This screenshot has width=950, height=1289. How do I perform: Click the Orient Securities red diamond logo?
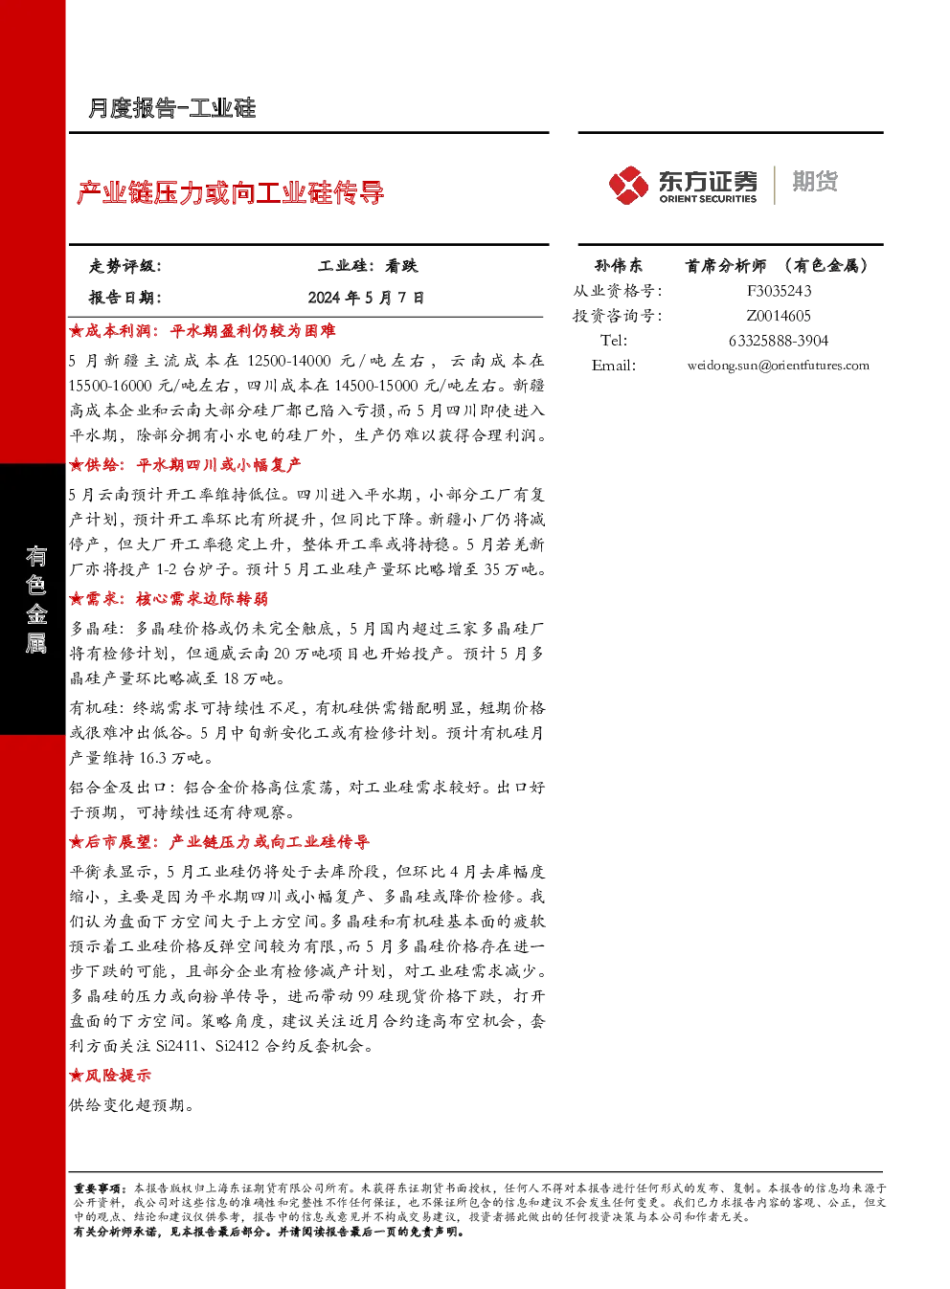tap(628, 185)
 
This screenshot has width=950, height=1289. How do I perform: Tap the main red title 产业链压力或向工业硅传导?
tap(230, 192)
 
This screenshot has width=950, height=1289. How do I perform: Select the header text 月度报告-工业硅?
tap(171, 108)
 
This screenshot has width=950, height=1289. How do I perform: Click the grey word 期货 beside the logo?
tap(815, 181)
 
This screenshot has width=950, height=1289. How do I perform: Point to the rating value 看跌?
tap(401, 266)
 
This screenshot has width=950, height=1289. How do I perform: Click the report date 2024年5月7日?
tap(366, 298)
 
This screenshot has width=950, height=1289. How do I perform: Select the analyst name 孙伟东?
tap(619, 265)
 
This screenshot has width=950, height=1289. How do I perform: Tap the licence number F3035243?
tap(779, 291)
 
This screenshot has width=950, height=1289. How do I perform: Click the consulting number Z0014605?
tap(779, 316)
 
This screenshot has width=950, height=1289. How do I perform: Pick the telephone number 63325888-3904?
tap(779, 341)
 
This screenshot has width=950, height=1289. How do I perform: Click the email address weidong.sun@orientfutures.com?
tap(779, 366)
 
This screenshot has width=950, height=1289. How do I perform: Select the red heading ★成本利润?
tap(110, 331)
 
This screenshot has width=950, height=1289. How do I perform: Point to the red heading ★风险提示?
tap(110, 1075)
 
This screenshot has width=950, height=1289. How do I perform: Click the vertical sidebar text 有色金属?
tap(35, 599)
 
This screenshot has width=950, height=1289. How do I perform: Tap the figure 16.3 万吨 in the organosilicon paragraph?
tap(171, 758)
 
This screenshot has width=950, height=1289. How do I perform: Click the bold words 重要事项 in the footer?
tap(96, 1189)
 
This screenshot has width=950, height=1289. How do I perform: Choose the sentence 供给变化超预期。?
tap(131, 1105)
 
